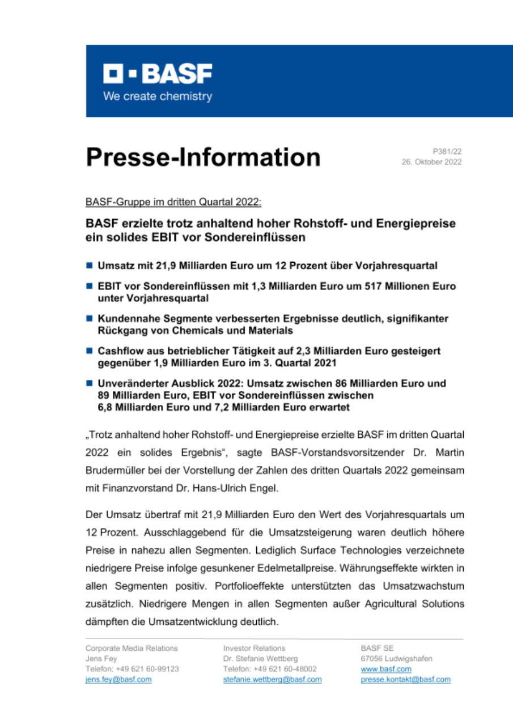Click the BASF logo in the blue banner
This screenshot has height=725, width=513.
click(x=157, y=74)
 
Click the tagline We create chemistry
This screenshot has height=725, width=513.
click(x=157, y=96)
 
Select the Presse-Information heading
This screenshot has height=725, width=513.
click(x=203, y=157)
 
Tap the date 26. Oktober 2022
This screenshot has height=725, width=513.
click(x=431, y=162)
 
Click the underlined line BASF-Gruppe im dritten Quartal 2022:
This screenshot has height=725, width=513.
click(x=173, y=202)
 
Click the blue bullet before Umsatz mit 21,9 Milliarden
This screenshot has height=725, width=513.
click(x=90, y=265)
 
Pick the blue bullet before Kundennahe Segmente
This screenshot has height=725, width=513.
click(x=90, y=319)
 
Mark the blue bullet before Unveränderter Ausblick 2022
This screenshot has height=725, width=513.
click(x=90, y=383)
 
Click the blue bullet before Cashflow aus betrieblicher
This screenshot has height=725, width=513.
click(x=90, y=351)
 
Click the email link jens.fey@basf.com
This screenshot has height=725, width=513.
click(x=118, y=679)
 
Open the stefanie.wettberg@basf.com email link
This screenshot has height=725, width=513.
click(x=272, y=679)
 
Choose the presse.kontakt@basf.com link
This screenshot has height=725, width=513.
click(x=405, y=679)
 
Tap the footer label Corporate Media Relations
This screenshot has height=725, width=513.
click(x=132, y=648)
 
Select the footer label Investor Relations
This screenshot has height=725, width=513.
click(x=254, y=648)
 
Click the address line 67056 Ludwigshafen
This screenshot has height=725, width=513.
click(x=396, y=659)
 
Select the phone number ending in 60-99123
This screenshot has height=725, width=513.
click(x=132, y=669)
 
